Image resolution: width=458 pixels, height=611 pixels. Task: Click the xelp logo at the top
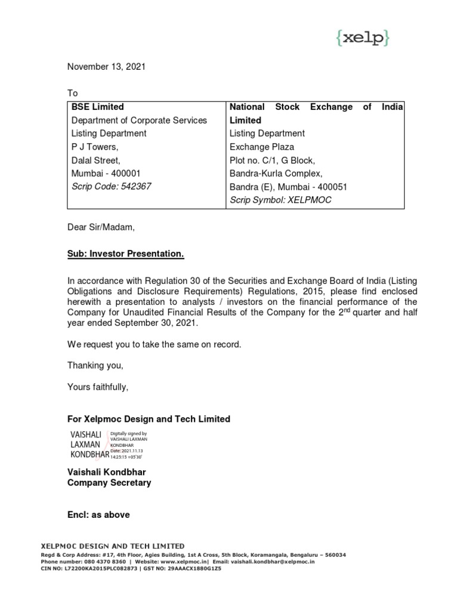(x=362, y=38)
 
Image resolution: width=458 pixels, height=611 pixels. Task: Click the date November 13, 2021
(x=106, y=67)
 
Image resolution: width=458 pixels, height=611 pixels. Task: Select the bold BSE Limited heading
(x=98, y=107)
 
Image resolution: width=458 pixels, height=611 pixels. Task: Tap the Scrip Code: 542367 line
(x=112, y=186)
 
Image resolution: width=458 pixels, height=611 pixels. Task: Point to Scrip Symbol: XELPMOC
(x=280, y=200)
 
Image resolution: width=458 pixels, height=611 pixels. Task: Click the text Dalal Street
(x=96, y=160)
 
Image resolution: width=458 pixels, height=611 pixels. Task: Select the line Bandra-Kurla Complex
(x=276, y=173)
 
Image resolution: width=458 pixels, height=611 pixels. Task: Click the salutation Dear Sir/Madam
(x=101, y=227)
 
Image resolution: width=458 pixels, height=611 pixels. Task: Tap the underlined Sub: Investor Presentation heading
(x=126, y=254)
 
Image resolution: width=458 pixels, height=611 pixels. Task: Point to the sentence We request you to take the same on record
(x=154, y=344)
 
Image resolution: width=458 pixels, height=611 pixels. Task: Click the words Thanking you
(x=95, y=365)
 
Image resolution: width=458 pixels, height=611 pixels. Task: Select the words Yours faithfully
(x=98, y=387)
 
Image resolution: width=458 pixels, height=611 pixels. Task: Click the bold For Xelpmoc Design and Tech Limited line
(x=148, y=419)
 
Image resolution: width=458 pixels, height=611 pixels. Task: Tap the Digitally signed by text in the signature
(x=128, y=434)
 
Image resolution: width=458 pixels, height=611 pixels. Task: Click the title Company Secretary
(x=109, y=483)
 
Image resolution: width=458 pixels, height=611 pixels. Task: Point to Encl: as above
(x=98, y=514)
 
